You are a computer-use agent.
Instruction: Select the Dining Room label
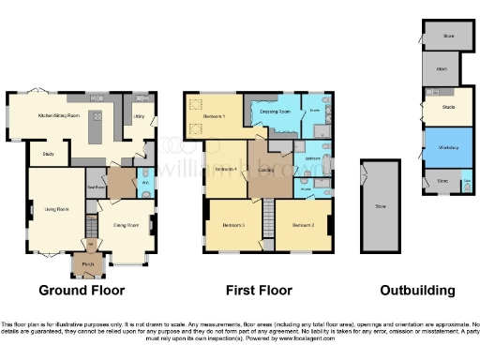pos(126,225)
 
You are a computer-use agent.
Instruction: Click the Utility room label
pos(139,117)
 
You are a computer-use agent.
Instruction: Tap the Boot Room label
pos(95,187)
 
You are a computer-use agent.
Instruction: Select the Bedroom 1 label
pos(215,115)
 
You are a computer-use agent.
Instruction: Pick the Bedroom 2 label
pos(302,226)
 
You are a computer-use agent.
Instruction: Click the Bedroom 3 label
pos(233,226)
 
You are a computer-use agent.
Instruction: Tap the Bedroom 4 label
pos(224,170)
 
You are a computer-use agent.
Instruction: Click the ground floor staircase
pos(91,226)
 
